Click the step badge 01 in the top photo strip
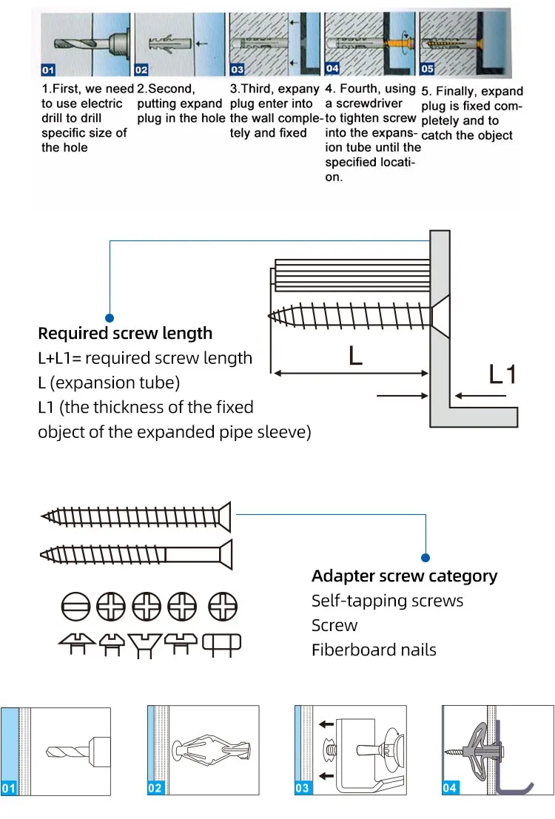point(48,70)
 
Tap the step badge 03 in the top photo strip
point(237,70)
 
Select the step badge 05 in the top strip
point(427,69)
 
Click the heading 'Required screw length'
point(125,334)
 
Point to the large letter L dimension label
point(355,357)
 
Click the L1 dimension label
point(502,374)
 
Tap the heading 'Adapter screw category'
point(404,576)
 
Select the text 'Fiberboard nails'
point(374,650)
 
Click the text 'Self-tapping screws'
point(387,601)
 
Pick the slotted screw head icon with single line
point(75,607)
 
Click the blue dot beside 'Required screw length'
point(110,317)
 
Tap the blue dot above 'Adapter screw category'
point(425,557)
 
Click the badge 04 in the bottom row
point(450,788)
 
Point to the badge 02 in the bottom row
point(155,788)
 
